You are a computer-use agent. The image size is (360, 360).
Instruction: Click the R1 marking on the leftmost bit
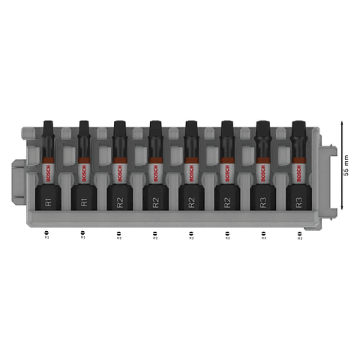48,201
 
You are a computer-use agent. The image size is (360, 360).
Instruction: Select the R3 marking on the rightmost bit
299,201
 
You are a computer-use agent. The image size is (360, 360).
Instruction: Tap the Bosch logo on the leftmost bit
48,174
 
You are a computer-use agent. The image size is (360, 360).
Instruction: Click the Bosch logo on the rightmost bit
299,174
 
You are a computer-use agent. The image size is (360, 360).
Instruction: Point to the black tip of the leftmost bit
48,129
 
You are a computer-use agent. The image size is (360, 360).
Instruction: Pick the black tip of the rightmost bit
299,129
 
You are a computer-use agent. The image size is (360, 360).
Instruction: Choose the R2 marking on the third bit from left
119,201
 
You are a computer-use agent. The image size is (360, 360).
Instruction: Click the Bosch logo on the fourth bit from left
155,174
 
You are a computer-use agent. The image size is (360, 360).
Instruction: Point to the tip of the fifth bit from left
191,129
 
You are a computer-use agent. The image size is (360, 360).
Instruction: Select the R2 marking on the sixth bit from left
227,201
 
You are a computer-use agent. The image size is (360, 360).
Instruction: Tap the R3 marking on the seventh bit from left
263,201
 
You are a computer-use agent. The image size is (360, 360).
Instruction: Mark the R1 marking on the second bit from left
83,201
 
